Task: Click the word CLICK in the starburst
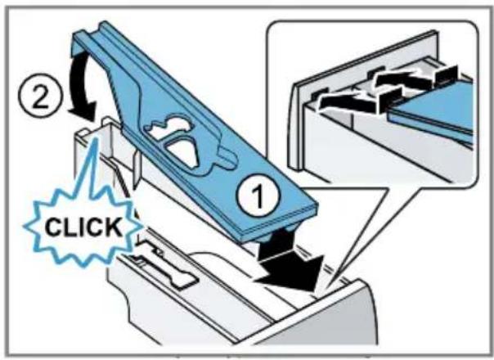click(83, 227)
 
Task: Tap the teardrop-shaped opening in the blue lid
click(182, 151)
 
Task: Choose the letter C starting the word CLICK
click(53, 227)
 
